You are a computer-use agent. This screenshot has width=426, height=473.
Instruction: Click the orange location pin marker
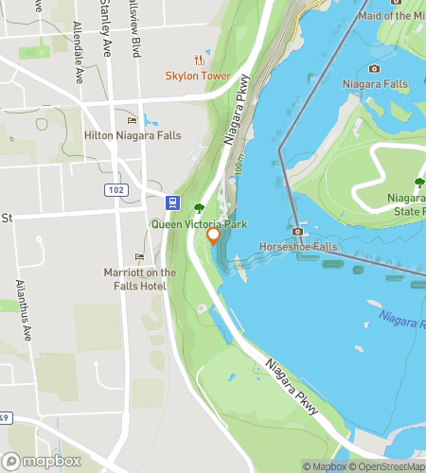click(x=214, y=235)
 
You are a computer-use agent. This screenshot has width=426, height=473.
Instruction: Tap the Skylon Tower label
click(x=198, y=76)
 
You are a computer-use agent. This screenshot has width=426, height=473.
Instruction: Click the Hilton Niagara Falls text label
click(x=133, y=136)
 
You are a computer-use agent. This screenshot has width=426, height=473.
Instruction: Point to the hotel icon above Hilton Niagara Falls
click(x=132, y=120)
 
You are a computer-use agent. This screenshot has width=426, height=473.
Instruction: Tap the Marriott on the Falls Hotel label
click(x=139, y=279)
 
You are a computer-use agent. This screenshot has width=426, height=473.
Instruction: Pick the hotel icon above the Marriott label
click(x=139, y=257)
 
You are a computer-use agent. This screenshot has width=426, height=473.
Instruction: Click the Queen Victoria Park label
click(x=199, y=224)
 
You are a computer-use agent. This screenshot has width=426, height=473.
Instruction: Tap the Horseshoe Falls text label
click(x=298, y=247)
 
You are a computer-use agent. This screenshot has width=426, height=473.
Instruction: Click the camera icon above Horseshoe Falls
click(x=298, y=231)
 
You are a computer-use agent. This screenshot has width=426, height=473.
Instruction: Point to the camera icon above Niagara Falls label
click(x=374, y=68)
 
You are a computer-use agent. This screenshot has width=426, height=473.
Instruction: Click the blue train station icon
click(x=173, y=201)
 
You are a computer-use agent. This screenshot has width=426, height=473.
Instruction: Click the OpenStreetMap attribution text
click(x=388, y=465)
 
